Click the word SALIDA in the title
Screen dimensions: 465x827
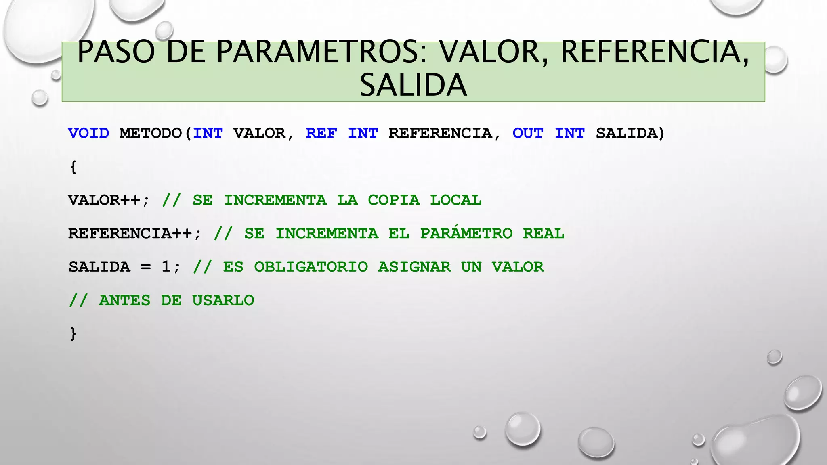[x=413, y=85]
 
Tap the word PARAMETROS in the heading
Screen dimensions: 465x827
[x=321, y=52]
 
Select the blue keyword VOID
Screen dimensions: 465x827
[x=88, y=133]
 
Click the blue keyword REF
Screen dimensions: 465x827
[x=321, y=133]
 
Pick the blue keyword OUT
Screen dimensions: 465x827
[x=528, y=133]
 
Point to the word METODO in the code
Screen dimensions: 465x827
[x=151, y=133]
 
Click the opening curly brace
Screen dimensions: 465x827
[x=73, y=167]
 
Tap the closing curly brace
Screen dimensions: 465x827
[x=73, y=334]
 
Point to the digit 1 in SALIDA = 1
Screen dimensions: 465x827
[x=166, y=267]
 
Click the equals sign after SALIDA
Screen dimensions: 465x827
[x=145, y=267]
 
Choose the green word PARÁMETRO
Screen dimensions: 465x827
[x=466, y=233]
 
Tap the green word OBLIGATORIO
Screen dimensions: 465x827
[x=311, y=267]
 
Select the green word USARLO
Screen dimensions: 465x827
[x=223, y=300]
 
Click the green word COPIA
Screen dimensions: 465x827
[x=394, y=200]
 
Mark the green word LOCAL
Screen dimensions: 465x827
[x=455, y=200]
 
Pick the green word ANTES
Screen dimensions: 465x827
[x=124, y=300]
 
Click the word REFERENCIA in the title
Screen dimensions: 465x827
[x=654, y=52]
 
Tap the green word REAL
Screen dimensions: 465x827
[x=543, y=234]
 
